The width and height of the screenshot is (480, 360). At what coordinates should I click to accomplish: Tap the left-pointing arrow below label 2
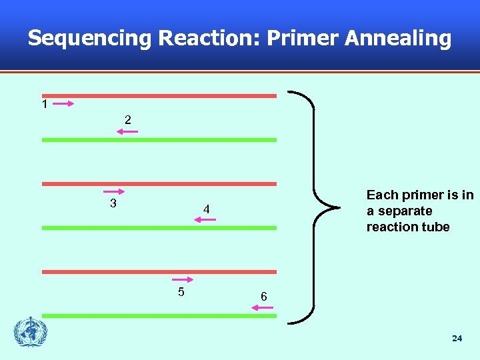click(x=127, y=132)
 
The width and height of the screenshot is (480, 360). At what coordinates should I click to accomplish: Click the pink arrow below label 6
click(x=262, y=307)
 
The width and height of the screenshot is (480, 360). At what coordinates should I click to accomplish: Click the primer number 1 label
click(x=44, y=105)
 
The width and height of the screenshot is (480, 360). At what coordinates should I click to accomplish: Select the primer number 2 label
click(x=127, y=120)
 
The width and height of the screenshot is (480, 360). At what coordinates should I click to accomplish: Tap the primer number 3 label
click(x=113, y=203)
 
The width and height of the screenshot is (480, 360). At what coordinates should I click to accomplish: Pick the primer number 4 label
click(x=207, y=210)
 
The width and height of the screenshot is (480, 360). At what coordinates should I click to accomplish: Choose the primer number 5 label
click(x=181, y=292)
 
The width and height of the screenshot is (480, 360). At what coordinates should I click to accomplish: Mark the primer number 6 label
click(x=263, y=296)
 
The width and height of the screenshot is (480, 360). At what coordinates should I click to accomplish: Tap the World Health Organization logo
click(x=31, y=331)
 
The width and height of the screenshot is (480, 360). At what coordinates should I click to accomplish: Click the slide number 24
click(x=457, y=339)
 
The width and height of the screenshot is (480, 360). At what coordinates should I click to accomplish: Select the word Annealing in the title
click(x=397, y=38)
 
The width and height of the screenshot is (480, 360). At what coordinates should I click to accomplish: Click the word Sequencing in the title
click(x=90, y=38)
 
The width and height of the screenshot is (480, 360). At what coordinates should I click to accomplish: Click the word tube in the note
click(x=435, y=227)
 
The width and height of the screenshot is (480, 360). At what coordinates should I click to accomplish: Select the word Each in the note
click(x=382, y=195)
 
